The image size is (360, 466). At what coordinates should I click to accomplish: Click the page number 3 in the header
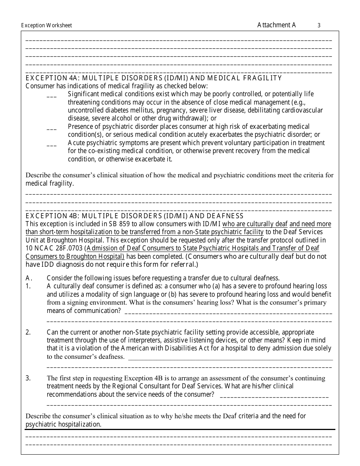319,25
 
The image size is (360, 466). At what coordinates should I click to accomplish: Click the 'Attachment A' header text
276,25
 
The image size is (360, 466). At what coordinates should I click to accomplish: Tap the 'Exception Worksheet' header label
46,26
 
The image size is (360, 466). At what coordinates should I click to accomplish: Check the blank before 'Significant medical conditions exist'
52,97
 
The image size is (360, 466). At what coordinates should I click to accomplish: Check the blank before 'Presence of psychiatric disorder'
52,129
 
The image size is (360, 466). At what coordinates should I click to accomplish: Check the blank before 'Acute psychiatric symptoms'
52,145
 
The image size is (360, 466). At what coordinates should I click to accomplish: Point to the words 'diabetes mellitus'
127,110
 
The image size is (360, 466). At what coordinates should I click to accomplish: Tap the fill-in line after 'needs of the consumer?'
274,396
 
